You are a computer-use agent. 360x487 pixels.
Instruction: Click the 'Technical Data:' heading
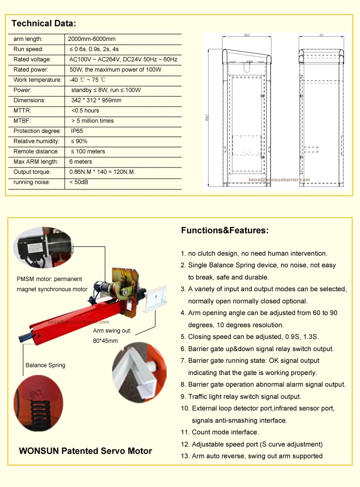point(44,23)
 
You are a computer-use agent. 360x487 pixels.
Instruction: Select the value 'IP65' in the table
point(78,131)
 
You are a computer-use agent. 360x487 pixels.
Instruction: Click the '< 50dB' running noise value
point(78,182)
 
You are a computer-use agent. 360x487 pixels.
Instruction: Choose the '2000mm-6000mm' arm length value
point(92,39)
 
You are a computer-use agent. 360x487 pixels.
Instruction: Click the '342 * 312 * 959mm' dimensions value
point(96,100)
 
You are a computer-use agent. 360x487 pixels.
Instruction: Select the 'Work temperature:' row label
point(38,80)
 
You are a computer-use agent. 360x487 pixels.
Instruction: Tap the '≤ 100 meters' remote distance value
point(88,151)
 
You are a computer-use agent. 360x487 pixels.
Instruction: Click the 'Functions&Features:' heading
point(225,231)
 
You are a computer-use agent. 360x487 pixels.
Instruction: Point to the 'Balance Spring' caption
point(45,365)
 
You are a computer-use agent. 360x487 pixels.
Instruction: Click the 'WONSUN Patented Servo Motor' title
point(85,451)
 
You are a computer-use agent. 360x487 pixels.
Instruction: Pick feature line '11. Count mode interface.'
point(220,432)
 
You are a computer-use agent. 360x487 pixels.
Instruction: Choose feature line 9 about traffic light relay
point(241,396)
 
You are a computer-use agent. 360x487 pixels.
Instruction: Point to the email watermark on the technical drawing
point(279,180)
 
